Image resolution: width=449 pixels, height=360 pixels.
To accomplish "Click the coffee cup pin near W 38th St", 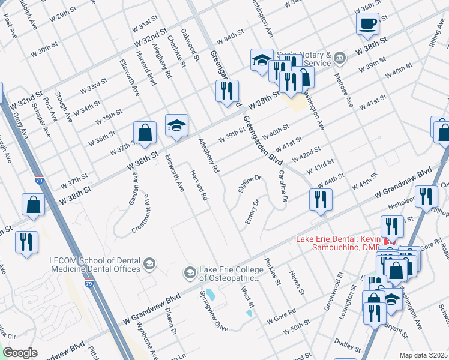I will (x=367, y=25).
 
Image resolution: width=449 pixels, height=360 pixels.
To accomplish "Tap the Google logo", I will (x=20, y=353).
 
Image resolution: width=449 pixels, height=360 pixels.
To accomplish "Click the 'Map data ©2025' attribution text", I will (x=423, y=355).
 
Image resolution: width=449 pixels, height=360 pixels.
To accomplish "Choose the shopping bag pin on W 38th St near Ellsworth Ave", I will (x=145, y=133).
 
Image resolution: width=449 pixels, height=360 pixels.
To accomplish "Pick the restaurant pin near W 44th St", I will (x=321, y=200).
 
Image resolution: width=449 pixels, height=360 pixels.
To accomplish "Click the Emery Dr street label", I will (x=252, y=212).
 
